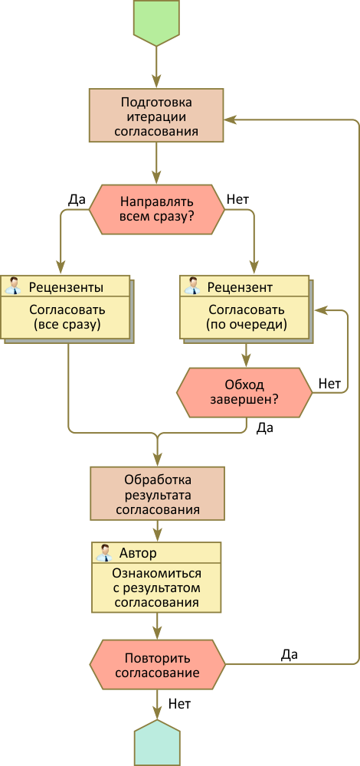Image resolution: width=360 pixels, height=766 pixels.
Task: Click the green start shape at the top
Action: tap(156, 22)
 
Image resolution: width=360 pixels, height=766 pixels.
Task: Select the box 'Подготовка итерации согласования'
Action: tap(156, 116)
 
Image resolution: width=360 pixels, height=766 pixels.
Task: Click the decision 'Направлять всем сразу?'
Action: tap(157, 210)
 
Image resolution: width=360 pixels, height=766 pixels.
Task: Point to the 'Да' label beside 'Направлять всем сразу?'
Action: tap(77, 199)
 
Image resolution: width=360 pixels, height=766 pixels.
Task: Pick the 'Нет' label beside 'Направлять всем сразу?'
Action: tap(238, 199)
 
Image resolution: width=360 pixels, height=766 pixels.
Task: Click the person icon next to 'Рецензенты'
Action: tap(13, 285)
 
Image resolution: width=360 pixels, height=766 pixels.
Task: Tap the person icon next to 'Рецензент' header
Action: tap(192, 285)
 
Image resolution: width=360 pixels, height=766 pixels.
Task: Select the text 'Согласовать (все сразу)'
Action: tap(67, 317)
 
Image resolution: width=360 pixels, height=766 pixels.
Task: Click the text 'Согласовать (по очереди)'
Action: tap(246, 317)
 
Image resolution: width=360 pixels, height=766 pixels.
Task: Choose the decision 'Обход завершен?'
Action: tap(244, 392)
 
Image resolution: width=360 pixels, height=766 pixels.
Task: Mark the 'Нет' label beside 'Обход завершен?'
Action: tap(329, 384)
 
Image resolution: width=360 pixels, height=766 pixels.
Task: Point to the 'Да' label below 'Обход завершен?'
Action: tap(265, 428)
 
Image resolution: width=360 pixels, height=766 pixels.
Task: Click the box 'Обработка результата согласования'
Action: tap(157, 494)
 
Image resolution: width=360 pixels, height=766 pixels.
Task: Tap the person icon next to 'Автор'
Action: tap(103, 552)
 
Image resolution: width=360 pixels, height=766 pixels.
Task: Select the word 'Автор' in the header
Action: tap(138, 553)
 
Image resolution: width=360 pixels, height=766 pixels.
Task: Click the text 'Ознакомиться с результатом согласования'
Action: tap(156, 588)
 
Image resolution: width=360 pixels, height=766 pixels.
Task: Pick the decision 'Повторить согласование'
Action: tap(157, 664)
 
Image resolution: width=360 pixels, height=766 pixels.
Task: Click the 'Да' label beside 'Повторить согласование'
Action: tap(290, 654)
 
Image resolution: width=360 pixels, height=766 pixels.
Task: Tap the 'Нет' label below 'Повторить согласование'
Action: tap(179, 704)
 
